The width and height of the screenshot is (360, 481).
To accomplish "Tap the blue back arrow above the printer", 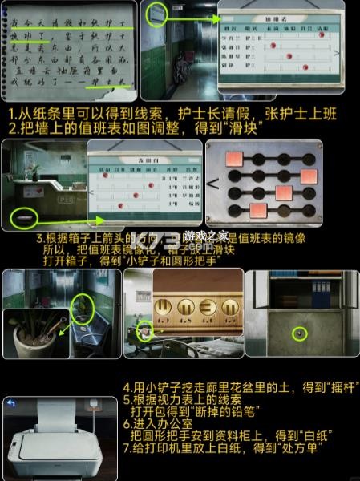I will pos(10,402).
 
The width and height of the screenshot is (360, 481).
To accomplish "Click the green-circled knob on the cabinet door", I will pos(299,333).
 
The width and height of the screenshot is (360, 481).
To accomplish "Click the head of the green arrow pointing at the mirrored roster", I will pos(105,218).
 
